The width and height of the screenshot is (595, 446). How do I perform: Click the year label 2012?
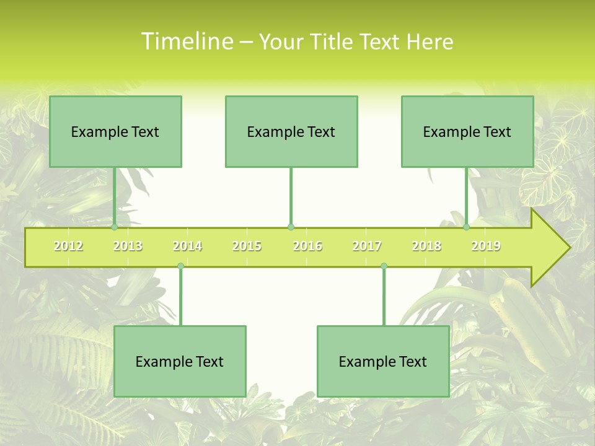[68, 246]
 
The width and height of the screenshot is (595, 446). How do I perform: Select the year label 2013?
[128, 246]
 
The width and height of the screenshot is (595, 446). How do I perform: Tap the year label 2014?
[187, 246]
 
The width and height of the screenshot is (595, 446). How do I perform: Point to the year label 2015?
[247, 246]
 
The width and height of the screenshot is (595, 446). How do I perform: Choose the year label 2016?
[307, 246]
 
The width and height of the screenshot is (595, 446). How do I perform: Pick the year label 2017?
[367, 246]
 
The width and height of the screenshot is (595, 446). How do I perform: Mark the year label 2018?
[426, 246]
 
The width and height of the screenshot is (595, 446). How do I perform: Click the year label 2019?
[486, 246]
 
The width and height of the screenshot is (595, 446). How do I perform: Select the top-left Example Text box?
[115, 131]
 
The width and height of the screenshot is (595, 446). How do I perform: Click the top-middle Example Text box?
[291, 131]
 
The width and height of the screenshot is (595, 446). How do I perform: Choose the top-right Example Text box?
[467, 131]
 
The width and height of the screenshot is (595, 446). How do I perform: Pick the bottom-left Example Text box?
[180, 361]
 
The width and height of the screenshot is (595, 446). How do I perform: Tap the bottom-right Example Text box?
[383, 361]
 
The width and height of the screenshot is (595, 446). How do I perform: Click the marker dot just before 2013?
[114, 227]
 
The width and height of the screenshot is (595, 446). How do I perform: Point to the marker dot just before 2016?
[291, 227]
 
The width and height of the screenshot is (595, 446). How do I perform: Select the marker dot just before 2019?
[466, 227]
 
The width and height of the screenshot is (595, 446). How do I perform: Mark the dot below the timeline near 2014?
[180, 266]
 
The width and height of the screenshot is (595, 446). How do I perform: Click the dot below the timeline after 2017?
[384, 266]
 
